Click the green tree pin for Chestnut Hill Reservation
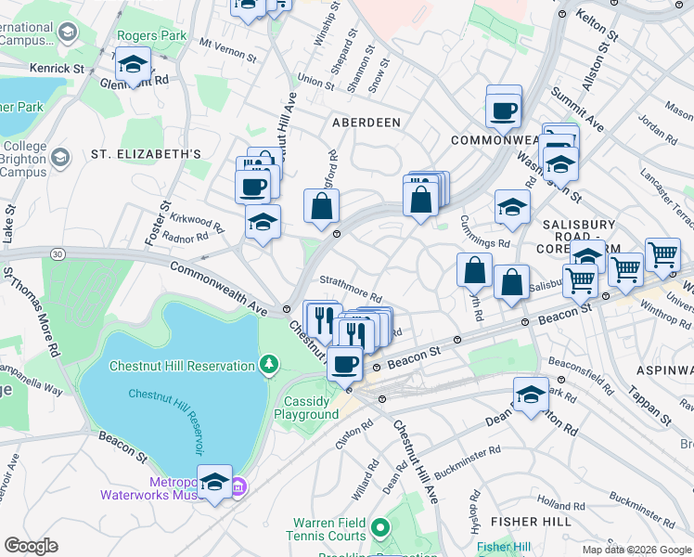269,364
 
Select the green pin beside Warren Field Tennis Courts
379,529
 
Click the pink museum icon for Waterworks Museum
238,486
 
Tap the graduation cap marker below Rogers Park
135,66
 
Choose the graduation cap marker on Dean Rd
531,395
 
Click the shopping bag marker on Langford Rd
321,206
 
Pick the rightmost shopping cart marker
662,253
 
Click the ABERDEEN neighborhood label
367,123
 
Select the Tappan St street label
653,407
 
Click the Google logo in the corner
32,546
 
